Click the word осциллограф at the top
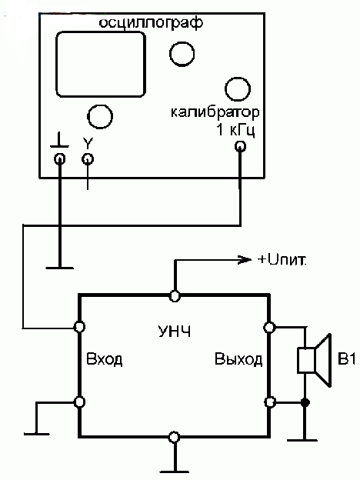(151, 24)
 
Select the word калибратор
(215, 112)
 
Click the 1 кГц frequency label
(235, 131)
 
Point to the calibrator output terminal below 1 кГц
(240, 147)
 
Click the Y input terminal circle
(88, 159)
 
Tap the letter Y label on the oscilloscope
(88, 143)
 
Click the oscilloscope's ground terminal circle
(60, 159)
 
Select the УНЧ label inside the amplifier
(175, 332)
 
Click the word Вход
(105, 359)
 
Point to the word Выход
(238, 359)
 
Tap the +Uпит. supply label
(282, 259)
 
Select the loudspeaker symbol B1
(315, 360)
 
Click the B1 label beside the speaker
(346, 358)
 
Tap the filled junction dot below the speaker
(305, 402)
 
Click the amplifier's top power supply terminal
(175, 296)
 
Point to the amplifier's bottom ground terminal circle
(174, 437)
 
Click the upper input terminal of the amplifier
(79, 327)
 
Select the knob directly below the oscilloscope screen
(100, 117)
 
